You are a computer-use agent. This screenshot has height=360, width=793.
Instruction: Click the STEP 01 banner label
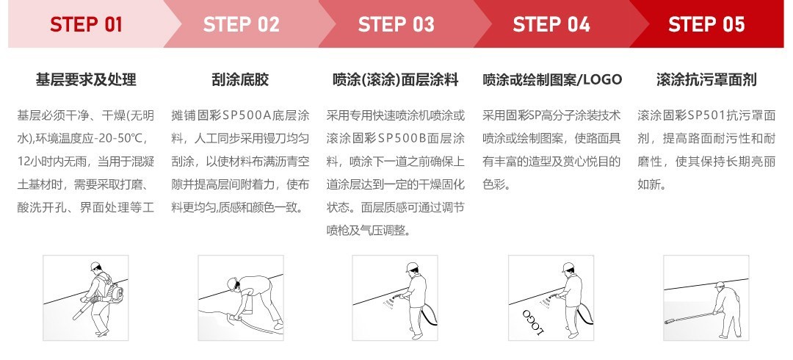[x=86, y=25]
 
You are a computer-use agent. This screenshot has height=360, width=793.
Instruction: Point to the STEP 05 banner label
[x=706, y=25]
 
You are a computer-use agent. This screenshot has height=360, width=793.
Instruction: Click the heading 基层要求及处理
[x=86, y=79]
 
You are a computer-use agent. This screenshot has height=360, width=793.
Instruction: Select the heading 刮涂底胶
[x=240, y=79]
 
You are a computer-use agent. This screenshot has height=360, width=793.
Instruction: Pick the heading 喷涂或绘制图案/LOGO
[x=551, y=79]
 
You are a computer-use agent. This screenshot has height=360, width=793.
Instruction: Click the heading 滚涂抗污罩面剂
[x=706, y=79]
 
